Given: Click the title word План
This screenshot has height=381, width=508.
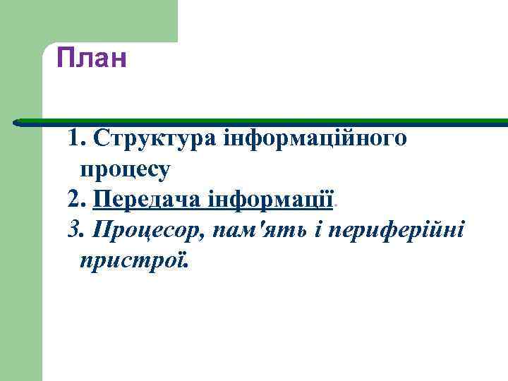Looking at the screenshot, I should tap(92, 59).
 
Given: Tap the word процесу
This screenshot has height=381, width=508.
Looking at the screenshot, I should tap(124, 169).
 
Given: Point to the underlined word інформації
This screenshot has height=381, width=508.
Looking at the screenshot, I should tap(271, 199).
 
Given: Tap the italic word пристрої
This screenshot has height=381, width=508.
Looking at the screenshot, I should tap(133, 261).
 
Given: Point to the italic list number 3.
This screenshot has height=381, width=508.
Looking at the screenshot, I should tap(75, 230).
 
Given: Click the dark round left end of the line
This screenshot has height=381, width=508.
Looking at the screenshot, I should tap(17, 121).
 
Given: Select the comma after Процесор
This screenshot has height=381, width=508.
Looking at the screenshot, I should tap(201, 236).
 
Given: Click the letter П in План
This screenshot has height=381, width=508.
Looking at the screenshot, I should tap(65, 59).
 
